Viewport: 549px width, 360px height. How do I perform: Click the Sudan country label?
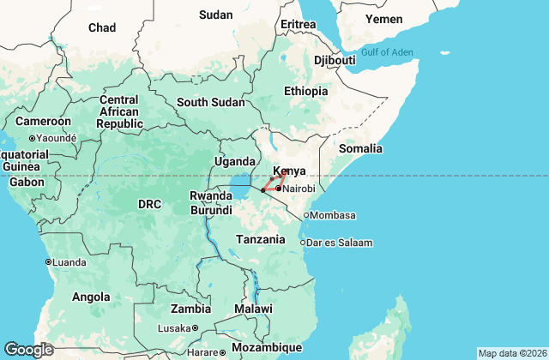pos(215,15)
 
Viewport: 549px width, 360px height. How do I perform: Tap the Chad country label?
pos(101,28)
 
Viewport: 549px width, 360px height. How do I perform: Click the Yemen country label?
pos(383,19)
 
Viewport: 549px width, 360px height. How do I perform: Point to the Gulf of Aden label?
pos(387,52)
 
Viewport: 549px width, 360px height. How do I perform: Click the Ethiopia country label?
pos(306,91)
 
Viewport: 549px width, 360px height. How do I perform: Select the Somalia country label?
pos(360,148)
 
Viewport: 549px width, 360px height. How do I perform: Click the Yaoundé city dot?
pos(32,138)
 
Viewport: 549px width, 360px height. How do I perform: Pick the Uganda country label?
pos(235,161)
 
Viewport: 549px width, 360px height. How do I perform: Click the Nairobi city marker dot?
pos(279,188)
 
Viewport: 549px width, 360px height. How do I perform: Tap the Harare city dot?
pos(222,352)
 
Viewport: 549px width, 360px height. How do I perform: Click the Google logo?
pos(28,349)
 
